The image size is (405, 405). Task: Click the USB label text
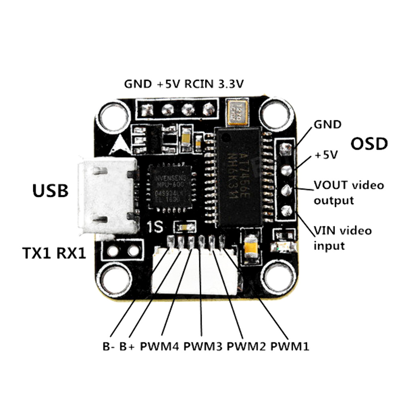point(51,190)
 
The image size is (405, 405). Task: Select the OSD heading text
point(369,143)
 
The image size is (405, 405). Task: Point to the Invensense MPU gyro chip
point(166,187)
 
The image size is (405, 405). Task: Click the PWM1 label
point(290,347)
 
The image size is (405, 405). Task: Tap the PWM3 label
point(203,347)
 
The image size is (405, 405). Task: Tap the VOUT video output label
point(348,193)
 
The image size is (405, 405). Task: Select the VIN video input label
point(343,238)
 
